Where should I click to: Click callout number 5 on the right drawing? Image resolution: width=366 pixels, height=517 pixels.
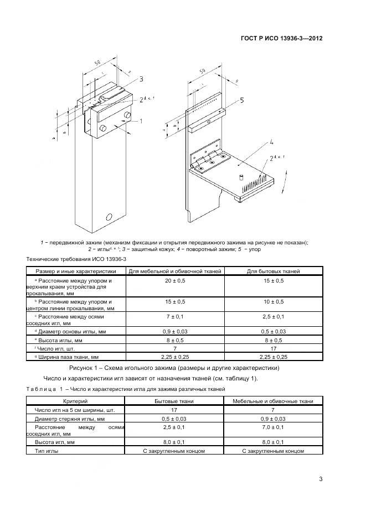241,100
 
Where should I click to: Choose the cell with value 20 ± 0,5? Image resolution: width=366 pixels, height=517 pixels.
176,281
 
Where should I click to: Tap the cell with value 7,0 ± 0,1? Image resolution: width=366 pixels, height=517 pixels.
273,427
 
